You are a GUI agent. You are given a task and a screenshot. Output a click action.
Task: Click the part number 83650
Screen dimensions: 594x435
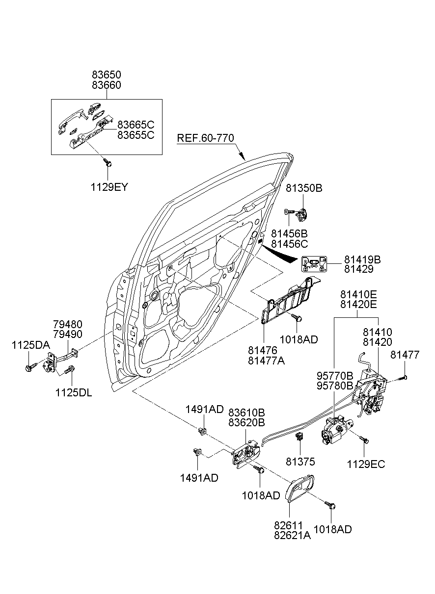coord(107,75)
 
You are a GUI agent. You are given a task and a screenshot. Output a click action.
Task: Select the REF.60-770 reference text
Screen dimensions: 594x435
coord(205,138)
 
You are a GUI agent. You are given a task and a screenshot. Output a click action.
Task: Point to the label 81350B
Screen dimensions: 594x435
coord(304,188)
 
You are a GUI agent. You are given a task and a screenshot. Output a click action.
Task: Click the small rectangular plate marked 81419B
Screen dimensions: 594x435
coord(314,264)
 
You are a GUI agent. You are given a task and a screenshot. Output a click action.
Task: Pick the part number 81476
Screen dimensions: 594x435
coord(262,350)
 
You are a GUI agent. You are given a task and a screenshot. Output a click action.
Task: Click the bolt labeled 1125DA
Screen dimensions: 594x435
coord(28,366)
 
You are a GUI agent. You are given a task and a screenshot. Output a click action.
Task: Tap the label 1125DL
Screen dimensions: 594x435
coord(74,393)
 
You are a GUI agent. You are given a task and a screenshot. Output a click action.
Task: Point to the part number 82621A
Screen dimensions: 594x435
coord(292,536)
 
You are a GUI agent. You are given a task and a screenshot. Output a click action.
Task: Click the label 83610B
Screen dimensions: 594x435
coord(246,412)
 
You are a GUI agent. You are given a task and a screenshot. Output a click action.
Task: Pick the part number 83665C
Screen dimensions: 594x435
coord(136,125)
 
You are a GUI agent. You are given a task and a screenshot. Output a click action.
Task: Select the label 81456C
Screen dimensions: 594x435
coord(290,244)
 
